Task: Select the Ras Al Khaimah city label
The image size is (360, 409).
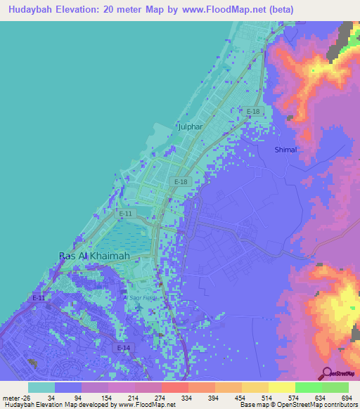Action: [x=94, y=256]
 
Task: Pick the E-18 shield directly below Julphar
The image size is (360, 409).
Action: [x=181, y=182]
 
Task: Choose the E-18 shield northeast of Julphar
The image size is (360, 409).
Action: [x=253, y=112]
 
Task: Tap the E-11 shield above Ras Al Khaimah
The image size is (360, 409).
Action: [x=125, y=213]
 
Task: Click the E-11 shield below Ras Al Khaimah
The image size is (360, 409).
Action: [x=39, y=298]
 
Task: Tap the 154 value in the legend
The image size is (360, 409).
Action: [x=97, y=397]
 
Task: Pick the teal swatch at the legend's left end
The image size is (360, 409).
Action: [x=41, y=387]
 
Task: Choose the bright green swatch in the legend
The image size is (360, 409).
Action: [x=308, y=387]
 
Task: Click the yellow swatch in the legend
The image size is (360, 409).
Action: [x=281, y=387]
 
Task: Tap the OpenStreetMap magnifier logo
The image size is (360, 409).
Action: [x=326, y=373]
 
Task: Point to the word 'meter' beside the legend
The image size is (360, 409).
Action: [x=11, y=397]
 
